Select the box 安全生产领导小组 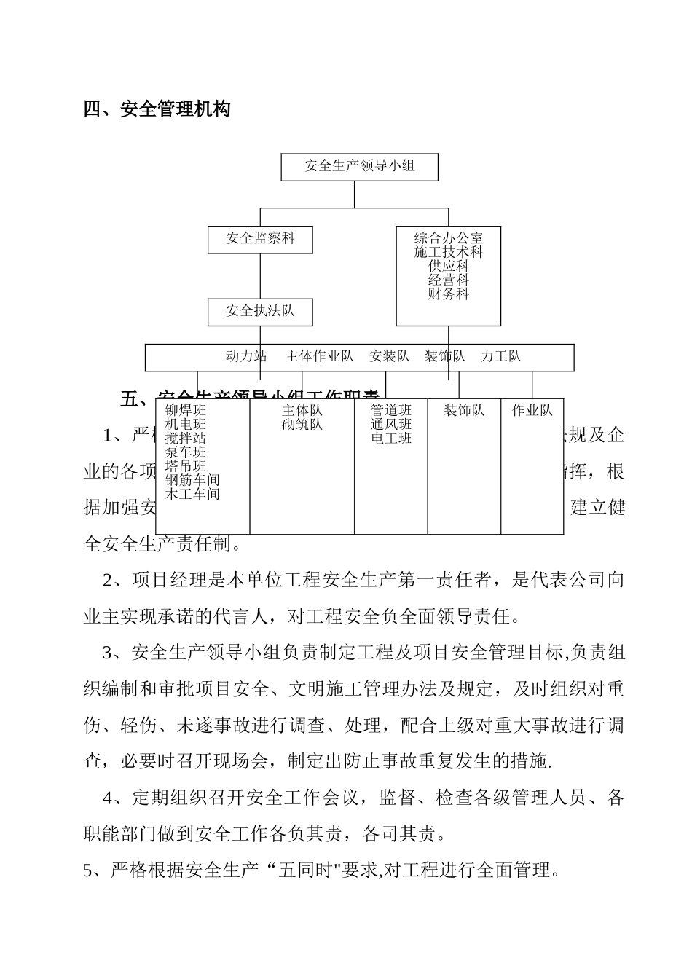click(x=359, y=166)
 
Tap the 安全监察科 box click(x=260, y=238)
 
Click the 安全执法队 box click(x=260, y=311)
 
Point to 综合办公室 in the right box click(x=448, y=238)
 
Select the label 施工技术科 click(x=448, y=252)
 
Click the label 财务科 click(x=448, y=294)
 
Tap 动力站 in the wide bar click(x=246, y=356)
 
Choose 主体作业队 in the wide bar click(x=319, y=356)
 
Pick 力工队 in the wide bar click(x=500, y=356)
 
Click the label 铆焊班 click(x=185, y=411)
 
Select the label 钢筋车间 click(x=192, y=480)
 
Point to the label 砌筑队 click(x=302, y=425)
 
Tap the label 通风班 click(x=390, y=425)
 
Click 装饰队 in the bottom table click(x=464, y=411)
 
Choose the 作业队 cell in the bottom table click(x=532, y=411)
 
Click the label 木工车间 click(x=192, y=494)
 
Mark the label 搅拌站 click(x=185, y=439)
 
